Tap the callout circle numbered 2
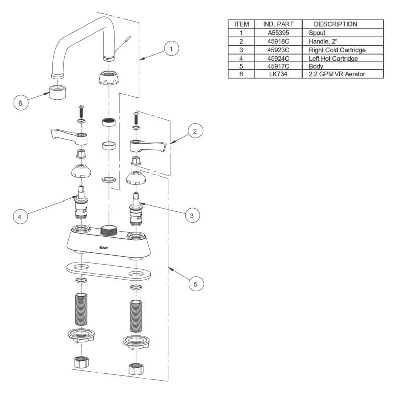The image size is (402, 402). point(195,131)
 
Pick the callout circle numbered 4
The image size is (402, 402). point(20,217)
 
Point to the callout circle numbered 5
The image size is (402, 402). point(196,284)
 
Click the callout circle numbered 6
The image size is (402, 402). point(20,103)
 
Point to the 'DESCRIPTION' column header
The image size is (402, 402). point(335,24)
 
